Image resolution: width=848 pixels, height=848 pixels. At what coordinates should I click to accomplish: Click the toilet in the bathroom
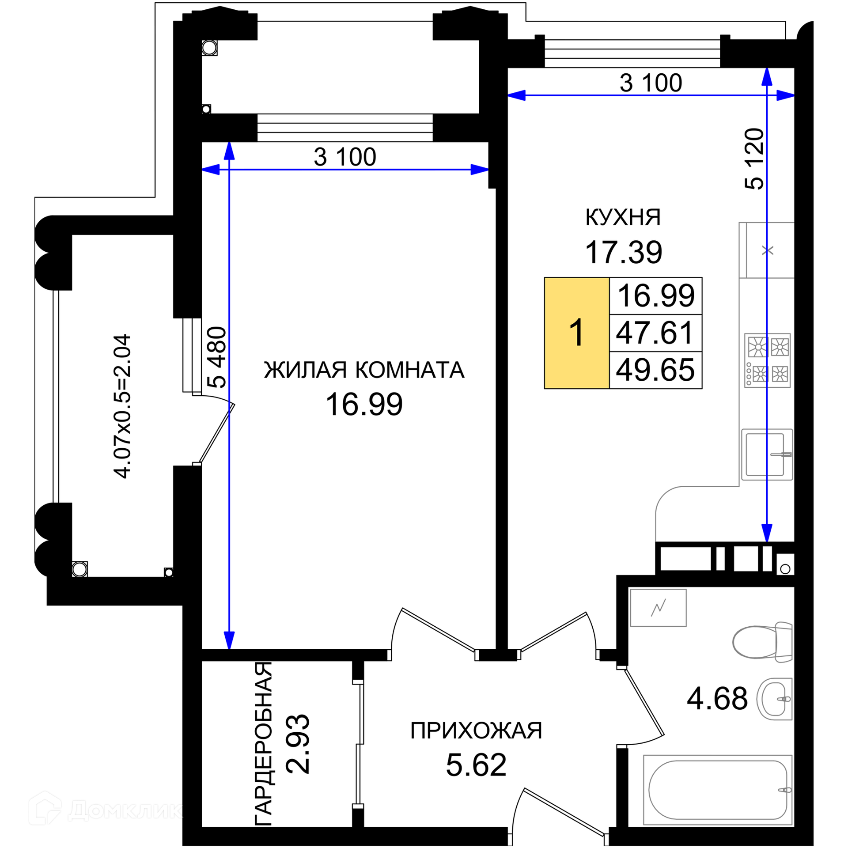click(762, 642)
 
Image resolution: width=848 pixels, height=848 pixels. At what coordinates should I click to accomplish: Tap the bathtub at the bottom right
click(718, 790)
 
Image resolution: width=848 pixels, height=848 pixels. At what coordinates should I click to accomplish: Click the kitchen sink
click(767, 454)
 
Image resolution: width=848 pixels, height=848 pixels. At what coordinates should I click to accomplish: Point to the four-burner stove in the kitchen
click(767, 360)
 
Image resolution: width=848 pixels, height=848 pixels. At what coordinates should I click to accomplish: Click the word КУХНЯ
click(623, 217)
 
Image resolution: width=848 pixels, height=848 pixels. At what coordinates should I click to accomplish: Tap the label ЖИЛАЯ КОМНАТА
click(364, 370)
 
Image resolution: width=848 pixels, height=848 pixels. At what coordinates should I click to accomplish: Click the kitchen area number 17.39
click(623, 252)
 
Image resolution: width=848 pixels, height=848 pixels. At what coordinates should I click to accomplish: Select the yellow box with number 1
click(577, 333)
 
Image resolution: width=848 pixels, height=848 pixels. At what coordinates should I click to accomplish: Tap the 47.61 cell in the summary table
click(655, 333)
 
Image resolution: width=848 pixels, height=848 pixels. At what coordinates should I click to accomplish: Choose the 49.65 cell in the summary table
click(655, 370)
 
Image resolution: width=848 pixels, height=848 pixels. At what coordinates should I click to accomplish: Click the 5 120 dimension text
click(754, 159)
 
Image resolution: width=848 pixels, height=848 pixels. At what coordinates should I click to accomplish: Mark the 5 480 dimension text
click(217, 357)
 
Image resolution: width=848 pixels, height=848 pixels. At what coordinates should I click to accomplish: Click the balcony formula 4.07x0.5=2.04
click(122, 406)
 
